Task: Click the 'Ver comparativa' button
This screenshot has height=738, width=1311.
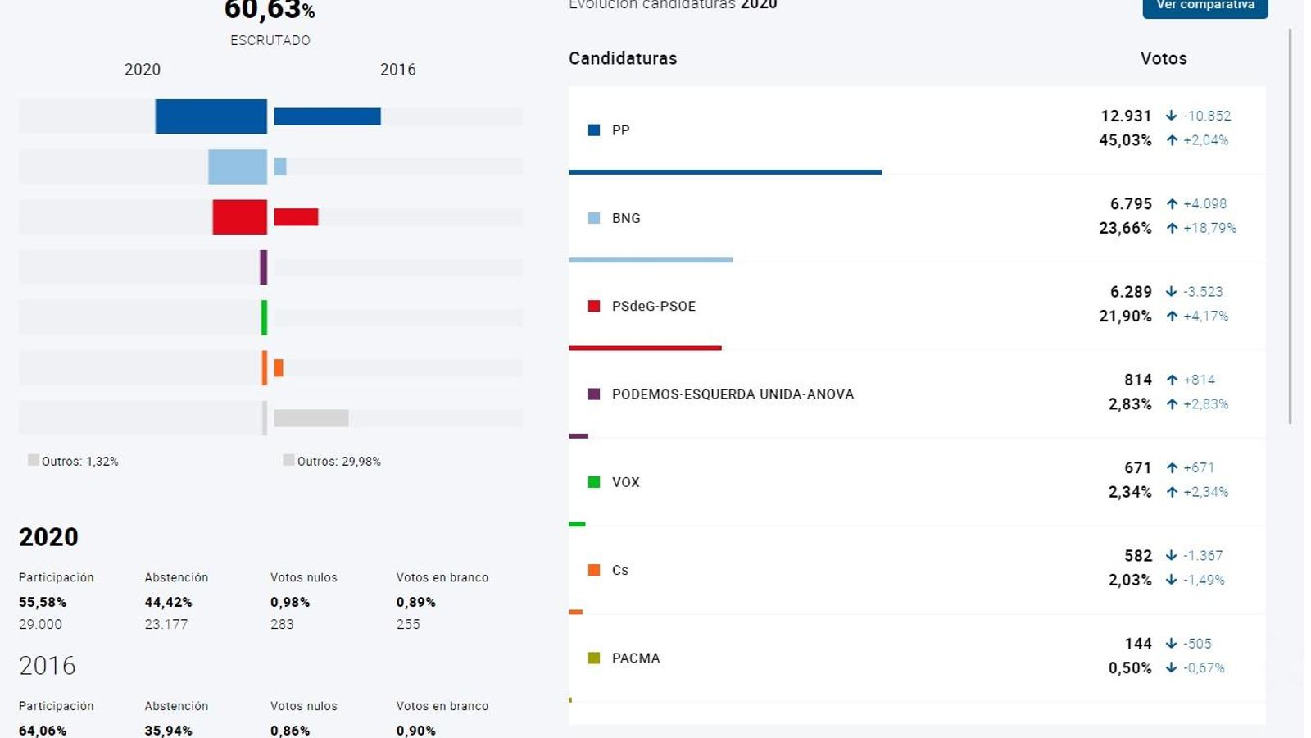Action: point(1204,6)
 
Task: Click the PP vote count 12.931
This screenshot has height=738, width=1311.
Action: point(1126,116)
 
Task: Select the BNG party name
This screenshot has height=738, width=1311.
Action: point(626,218)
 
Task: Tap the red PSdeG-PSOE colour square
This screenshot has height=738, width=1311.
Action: point(594,306)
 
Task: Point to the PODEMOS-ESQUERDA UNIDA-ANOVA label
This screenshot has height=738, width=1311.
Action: point(733,394)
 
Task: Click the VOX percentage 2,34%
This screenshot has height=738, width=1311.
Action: point(1129,492)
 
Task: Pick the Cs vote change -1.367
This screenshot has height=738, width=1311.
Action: point(1203,556)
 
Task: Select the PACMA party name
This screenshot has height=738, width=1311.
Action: point(636,658)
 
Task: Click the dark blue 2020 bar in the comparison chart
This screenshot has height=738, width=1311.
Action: point(211,116)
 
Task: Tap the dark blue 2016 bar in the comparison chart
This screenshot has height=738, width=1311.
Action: point(327,116)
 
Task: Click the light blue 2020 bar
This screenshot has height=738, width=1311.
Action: point(237,166)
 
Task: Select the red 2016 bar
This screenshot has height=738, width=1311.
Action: point(296,217)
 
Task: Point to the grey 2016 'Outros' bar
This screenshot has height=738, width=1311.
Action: point(311,418)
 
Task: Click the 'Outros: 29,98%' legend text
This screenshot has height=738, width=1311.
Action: point(338,462)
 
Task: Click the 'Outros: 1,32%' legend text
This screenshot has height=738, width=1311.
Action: point(79,462)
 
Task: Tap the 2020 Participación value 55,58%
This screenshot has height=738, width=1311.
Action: point(43,602)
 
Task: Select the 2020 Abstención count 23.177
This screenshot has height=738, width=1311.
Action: point(166,624)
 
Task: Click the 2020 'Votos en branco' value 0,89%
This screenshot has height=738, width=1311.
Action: point(415,602)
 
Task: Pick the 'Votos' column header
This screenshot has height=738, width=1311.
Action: point(1164,58)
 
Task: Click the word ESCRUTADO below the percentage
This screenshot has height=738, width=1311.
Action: point(270,40)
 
